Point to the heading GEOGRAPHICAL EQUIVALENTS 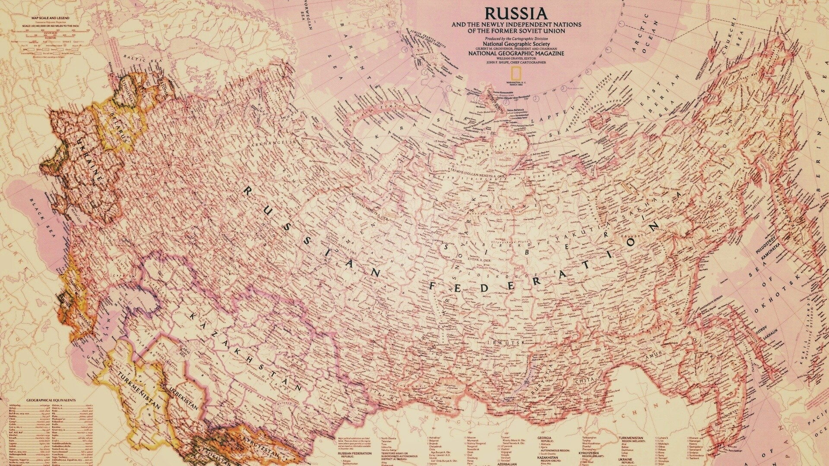[x=45, y=400]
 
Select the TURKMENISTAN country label [x=139, y=394]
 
